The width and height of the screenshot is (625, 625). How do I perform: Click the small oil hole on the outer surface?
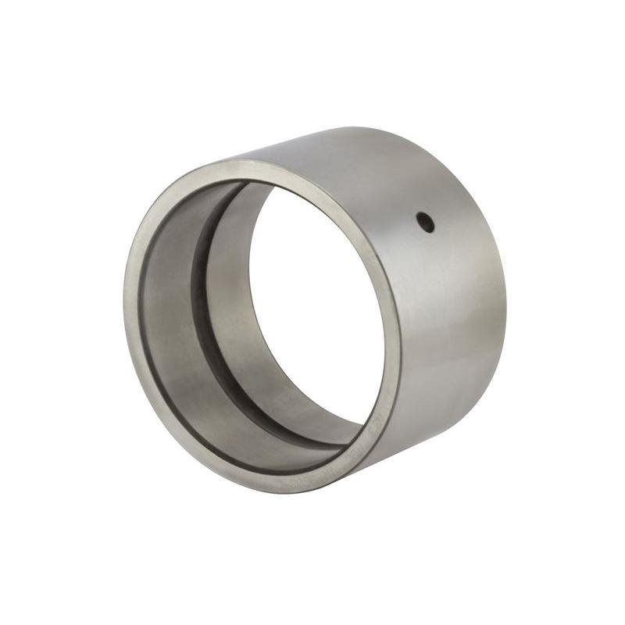pyautogui.click(x=426, y=223)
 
